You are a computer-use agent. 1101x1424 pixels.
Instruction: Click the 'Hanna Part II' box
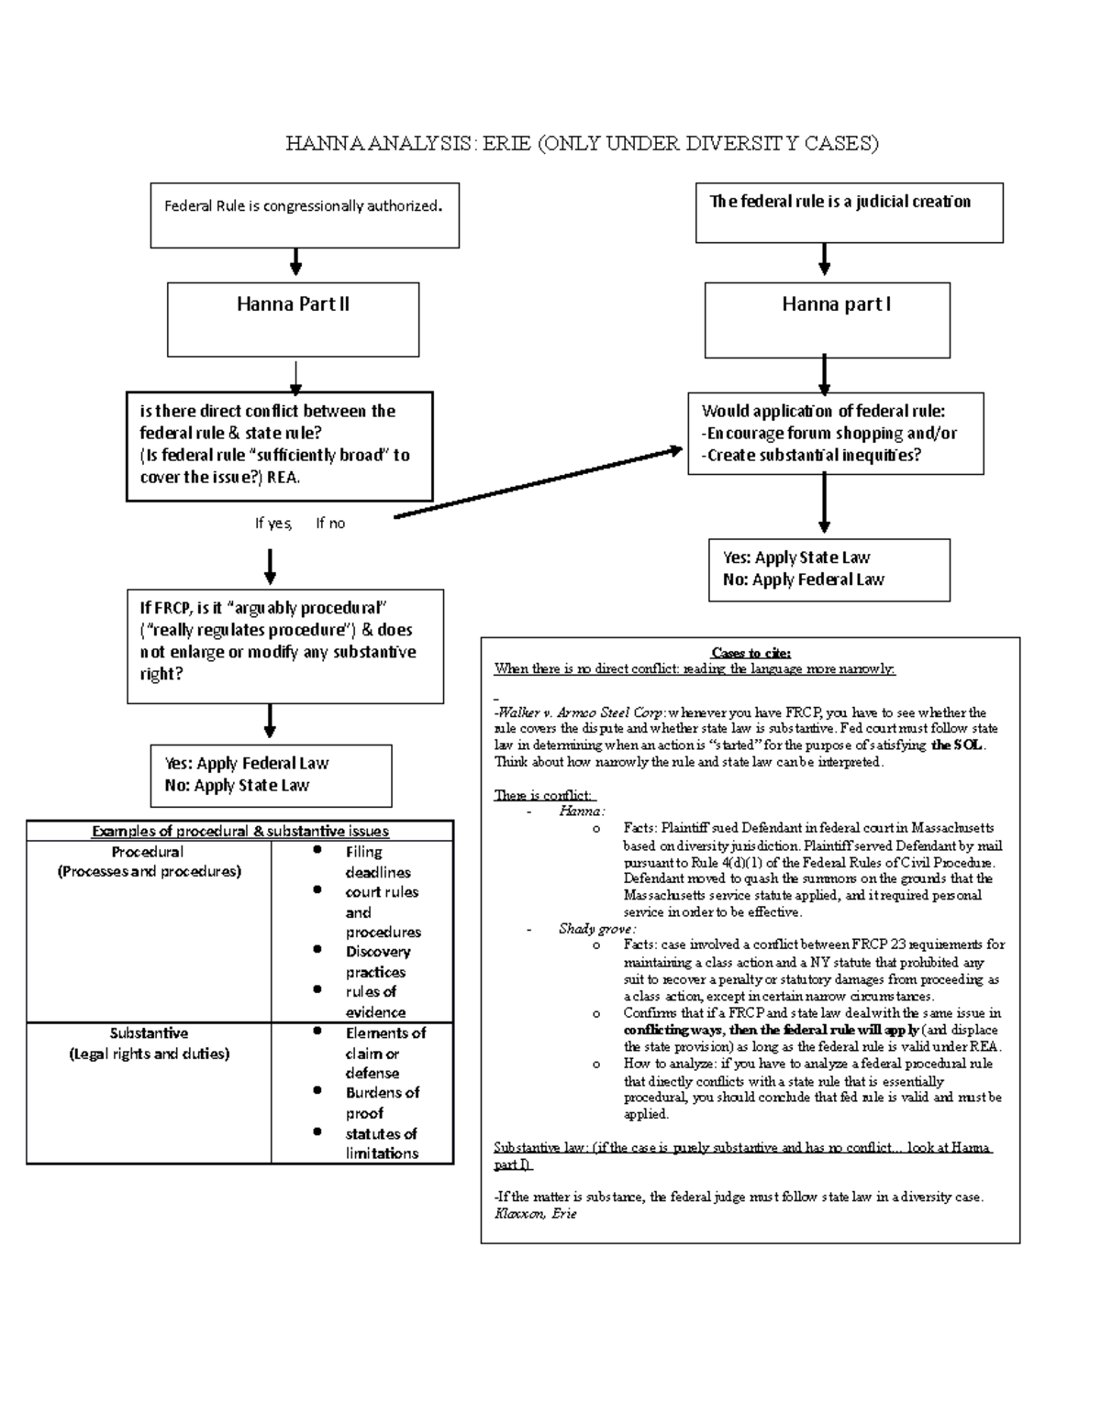click(293, 318)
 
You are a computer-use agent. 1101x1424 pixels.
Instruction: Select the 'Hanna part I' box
click(827, 319)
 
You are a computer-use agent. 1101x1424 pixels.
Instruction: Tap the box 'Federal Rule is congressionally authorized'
click(305, 215)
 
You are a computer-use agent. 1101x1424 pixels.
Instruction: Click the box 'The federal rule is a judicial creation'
click(849, 212)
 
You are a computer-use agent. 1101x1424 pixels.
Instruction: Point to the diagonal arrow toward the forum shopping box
click(538, 483)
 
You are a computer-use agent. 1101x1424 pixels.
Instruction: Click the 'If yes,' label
click(273, 524)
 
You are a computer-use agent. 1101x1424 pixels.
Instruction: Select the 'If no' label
click(330, 524)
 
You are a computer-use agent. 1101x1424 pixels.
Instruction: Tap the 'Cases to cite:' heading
click(751, 653)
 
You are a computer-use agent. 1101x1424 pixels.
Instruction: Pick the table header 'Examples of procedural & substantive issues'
click(240, 832)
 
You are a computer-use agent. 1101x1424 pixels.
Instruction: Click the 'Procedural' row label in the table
click(149, 852)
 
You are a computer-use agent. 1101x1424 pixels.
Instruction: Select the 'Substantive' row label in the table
click(149, 1032)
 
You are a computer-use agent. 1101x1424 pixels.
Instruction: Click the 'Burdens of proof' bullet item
click(382, 1102)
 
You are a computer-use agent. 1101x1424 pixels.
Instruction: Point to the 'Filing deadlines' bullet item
click(377, 862)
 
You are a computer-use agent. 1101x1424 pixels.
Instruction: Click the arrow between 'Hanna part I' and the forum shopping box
click(825, 374)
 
